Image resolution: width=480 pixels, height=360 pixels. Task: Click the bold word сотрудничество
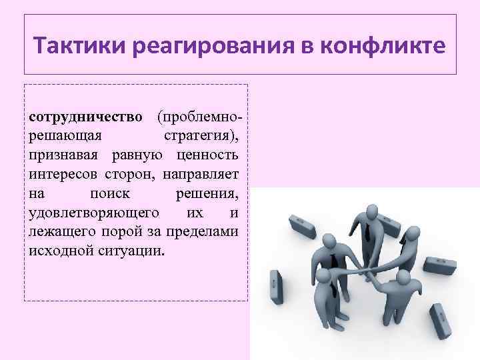[86, 117]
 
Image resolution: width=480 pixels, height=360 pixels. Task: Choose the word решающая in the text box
[65, 136]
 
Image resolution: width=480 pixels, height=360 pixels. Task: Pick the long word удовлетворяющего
[93, 213]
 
